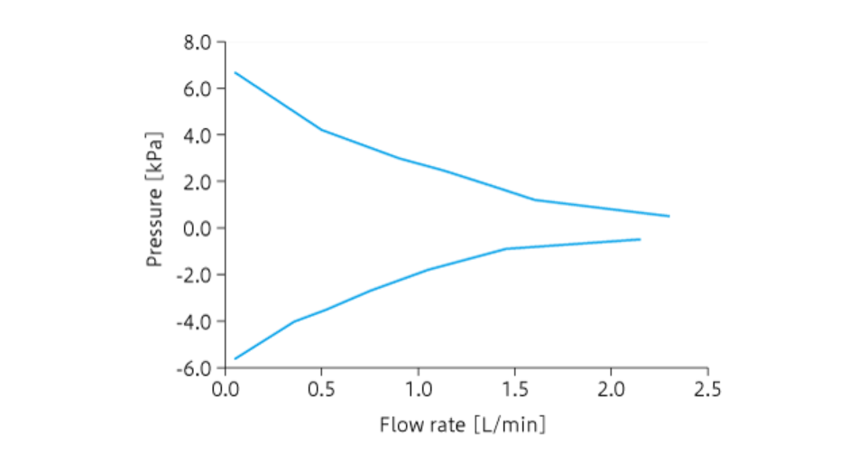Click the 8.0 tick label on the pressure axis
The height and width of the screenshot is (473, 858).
(198, 42)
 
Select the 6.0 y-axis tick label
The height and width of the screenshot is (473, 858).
(198, 88)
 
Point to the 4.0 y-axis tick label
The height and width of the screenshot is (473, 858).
(198, 135)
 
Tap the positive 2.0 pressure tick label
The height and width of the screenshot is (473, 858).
(198, 181)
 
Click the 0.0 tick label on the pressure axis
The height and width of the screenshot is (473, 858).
(198, 228)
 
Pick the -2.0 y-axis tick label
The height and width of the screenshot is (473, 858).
(195, 275)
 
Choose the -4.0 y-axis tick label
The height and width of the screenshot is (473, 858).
(195, 321)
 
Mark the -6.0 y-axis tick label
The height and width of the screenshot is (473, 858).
(195, 368)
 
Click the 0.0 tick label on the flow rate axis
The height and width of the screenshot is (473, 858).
(224, 390)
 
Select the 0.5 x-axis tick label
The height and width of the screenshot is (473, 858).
(321, 390)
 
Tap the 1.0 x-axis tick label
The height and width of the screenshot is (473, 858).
(418, 390)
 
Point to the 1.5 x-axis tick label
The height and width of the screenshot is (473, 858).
(514, 390)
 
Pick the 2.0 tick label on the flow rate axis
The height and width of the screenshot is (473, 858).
(611, 390)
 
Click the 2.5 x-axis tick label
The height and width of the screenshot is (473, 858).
(708, 390)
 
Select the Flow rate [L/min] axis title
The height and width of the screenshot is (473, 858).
(463, 424)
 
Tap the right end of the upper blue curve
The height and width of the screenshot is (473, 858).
(669, 216)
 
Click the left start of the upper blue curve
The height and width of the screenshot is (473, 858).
(235, 72)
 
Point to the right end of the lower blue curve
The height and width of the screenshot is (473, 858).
(640, 239)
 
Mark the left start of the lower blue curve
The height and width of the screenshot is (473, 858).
(235, 358)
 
